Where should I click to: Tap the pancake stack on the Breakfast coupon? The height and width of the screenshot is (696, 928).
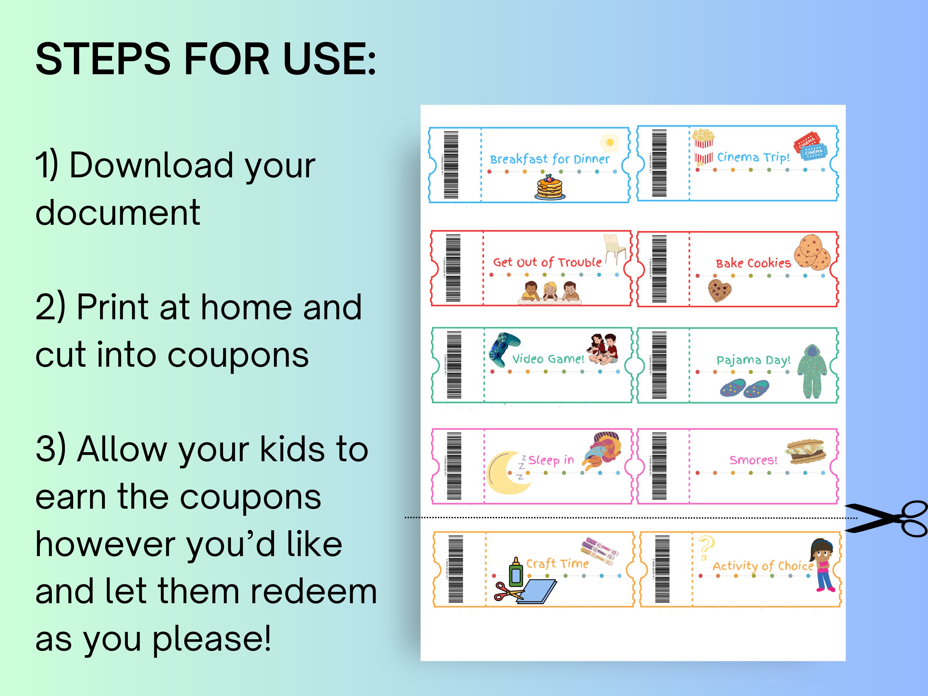click(550, 188)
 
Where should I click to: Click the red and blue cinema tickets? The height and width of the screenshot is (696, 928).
click(810, 147)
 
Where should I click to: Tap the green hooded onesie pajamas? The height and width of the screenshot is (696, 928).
click(812, 372)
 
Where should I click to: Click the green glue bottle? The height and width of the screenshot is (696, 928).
click(516, 573)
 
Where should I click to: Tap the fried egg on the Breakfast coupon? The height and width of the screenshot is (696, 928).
click(610, 143)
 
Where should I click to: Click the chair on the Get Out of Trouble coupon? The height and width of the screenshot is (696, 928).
click(614, 249)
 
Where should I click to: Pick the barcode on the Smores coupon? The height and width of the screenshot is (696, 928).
click(659, 466)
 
